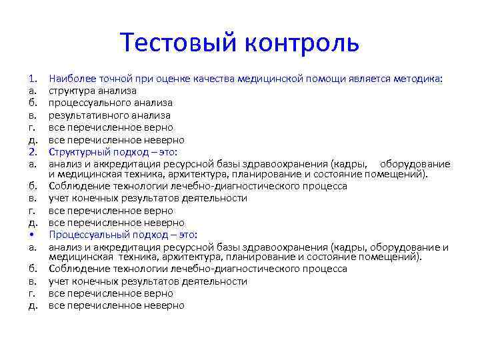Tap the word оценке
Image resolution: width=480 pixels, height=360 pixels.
[159, 79]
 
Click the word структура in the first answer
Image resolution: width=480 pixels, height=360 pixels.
[71, 91]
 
